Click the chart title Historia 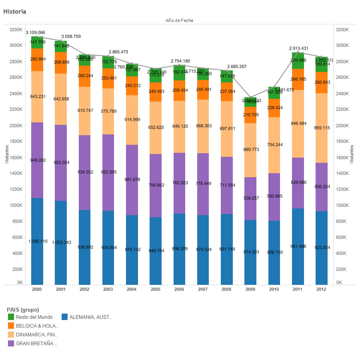click(x=15, y=12)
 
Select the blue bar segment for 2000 click(x=37, y=260)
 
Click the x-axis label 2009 click(x=251, y=289)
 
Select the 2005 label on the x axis click(x=156, y=289)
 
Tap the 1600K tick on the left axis click(x=16, y=157)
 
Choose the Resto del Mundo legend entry click(x=34, y=317)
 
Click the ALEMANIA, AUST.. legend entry click(x=90, y=317)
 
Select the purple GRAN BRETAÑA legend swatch click(x=11, y=343)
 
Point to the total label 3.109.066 click(x=36, y=32)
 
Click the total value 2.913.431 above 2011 click(x=299, y=48)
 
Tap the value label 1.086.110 click(x=38, y=241)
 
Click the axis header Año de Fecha click(x=179, y=20)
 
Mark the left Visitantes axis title click(x=6, y=154)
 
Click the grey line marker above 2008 click(x=227, y=71)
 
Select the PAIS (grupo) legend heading click(x=23, y=310)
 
